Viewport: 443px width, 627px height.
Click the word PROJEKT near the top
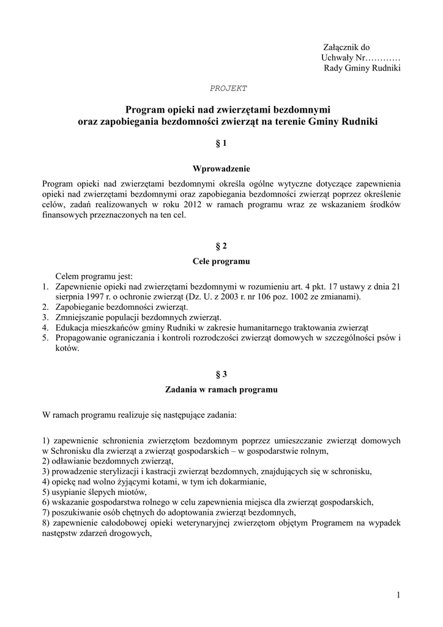(x=228, y=88)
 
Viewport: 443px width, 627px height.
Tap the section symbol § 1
(x=221, y=144)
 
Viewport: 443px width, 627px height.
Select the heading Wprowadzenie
(x=221, y=168)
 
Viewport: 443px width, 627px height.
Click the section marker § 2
(x=221, y=246)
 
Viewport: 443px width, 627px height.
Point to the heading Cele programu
(x=221, y=261)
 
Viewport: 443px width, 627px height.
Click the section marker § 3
(x=221, y=374)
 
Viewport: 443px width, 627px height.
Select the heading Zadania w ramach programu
(x=221, y=389)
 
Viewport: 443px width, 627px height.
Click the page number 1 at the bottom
(x=398, y=595)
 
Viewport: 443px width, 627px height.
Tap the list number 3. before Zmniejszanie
(x=46, y=317)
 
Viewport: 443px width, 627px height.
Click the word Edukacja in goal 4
(x=73, y=328)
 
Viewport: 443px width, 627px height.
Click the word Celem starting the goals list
(x=69, y=276)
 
